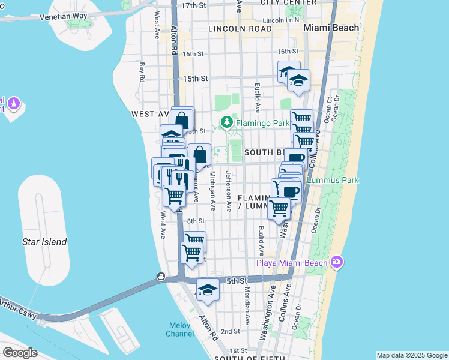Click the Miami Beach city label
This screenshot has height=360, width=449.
coord(331,28)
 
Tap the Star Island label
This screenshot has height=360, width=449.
coord(44,242)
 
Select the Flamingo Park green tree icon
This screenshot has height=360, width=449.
coord(226,124)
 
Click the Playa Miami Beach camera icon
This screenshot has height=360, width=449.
coord(336,262)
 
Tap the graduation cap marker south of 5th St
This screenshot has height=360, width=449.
coord(208,290)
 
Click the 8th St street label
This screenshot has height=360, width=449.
coord(196,221)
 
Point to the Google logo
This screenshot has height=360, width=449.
coord(19,352)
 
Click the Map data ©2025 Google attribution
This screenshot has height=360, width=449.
coord(411,355)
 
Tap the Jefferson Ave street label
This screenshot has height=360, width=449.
coord(229,191)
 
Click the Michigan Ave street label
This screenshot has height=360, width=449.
coord(212,191)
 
